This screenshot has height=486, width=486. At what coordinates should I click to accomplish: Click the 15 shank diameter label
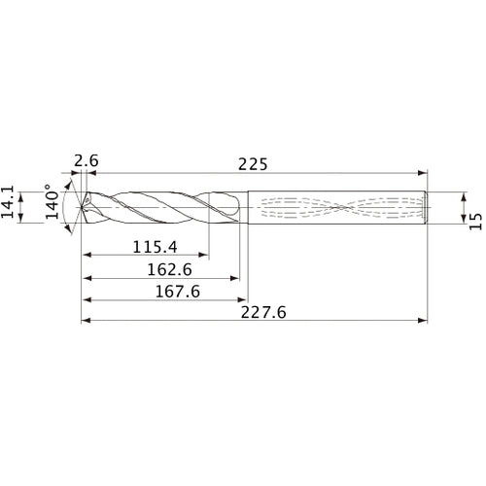tap(474, 222)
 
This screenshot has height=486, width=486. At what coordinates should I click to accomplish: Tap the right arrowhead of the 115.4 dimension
tap(202, 257)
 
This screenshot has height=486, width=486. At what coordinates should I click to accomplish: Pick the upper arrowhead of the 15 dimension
tap(462, 194)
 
